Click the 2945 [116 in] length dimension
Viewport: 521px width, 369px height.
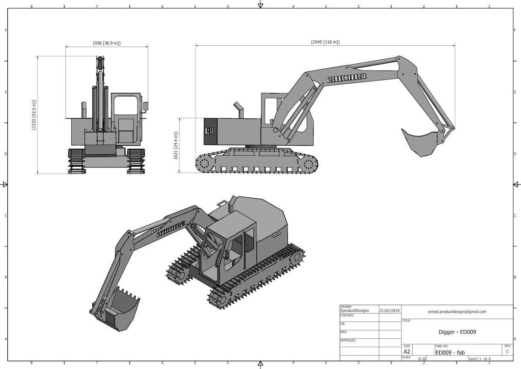click(x=325, y=42)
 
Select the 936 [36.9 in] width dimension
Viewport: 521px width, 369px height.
click(x=106, y=43)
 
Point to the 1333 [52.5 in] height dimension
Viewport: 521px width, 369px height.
click(x=34, y=115)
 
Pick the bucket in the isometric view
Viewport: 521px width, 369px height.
click(x=121, y=308)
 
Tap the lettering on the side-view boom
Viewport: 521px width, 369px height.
click(x=347, y=79)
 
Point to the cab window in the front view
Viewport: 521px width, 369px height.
click(x=125, y=106)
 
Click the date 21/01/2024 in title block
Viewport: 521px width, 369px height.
click(x=389, y=311)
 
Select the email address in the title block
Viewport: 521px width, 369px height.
click(x=457, y=312)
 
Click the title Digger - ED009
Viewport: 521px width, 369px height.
click(x=457, y=332)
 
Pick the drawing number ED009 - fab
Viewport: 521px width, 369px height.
click(x=450, y=353)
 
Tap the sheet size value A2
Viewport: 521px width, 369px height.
click(x=407, y=352)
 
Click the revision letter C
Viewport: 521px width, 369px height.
click(x=507, y=352)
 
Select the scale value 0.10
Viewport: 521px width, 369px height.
click(x=422, y=359)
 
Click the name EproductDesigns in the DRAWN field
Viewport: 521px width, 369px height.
click(x=355, y=311)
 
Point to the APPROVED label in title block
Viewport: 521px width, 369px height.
click(x=348, y=341)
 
